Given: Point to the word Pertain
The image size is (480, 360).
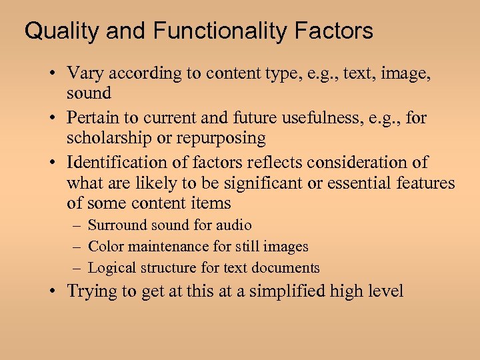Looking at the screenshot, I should pyautogui.click(x=94, y=118).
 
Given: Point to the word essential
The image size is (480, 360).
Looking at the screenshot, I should pyautogui.click(x=367, y=183).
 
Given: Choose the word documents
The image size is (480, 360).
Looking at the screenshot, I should pyautogui.click(x=289, y=268).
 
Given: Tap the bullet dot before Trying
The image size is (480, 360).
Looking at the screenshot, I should pyautogui.click(x=53, y=291).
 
